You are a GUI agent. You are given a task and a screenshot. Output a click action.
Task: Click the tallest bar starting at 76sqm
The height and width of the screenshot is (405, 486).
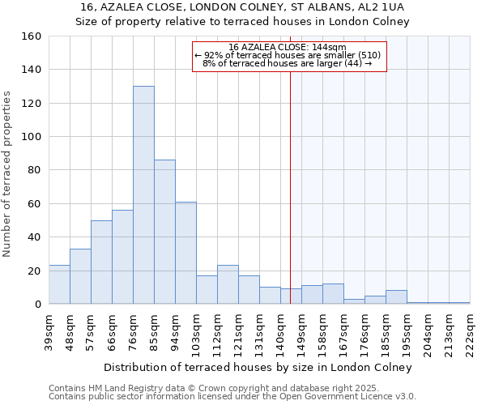[143, 195]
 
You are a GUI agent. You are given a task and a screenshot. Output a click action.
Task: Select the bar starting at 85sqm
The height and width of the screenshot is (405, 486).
[164, 232]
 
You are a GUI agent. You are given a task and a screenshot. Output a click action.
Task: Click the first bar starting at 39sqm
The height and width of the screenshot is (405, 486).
[59, 284]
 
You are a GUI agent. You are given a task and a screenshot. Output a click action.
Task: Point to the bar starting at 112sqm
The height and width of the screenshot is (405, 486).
[228, 284]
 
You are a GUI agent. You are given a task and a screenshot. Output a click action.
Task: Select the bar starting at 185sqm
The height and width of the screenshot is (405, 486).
[396, 297]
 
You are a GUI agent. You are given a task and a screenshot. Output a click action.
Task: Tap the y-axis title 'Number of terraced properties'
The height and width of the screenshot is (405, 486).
[7, 174]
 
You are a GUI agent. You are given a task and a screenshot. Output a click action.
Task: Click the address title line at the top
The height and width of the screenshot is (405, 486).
[242, 7]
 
